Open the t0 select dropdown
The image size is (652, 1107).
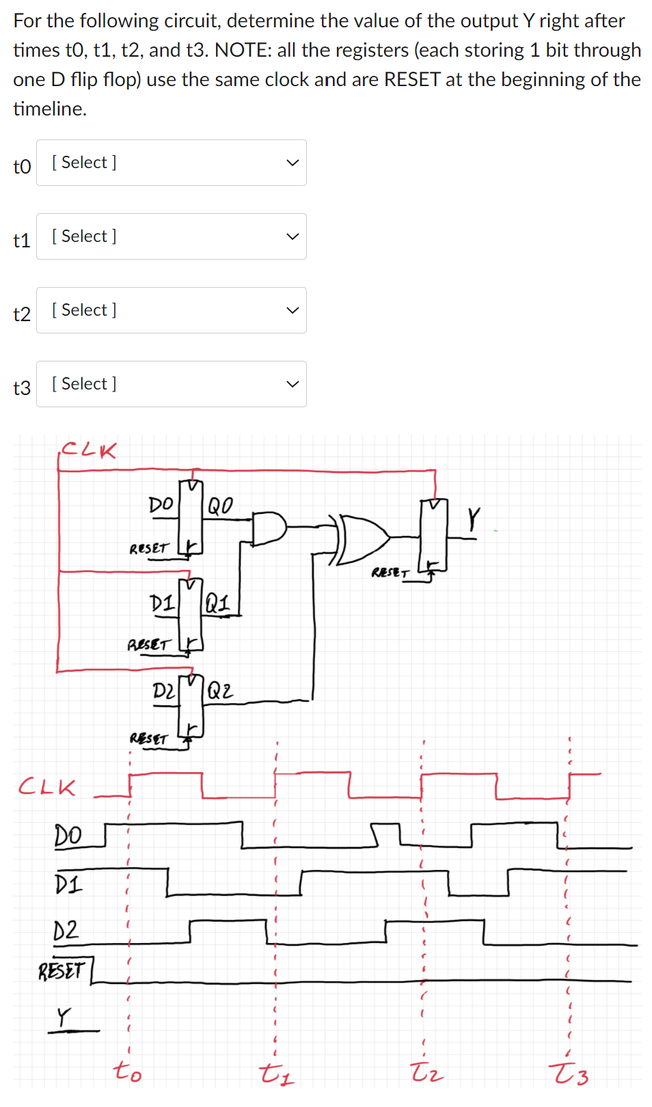tap(171, 163)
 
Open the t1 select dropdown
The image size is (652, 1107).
tap(171, 236)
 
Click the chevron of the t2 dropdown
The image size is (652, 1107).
tap(293, 310)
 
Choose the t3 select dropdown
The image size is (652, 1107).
tap(171, 384)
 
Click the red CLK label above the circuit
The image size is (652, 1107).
tap(89, 450)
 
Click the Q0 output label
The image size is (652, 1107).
tap(220, 506)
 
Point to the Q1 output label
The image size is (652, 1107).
tap(217, 603)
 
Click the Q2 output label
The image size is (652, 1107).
tap(220, 690)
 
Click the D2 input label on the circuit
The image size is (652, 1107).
tap(163, 691)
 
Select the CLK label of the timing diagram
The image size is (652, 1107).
tap(46, 787)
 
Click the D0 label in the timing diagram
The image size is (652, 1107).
tap(68, 835)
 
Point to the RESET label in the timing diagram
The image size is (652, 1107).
tap(62, 970)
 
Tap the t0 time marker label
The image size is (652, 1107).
tap(127, 1071)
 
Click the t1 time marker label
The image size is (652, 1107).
tap(277, 1074)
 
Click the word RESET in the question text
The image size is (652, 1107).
tap(412, 79)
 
